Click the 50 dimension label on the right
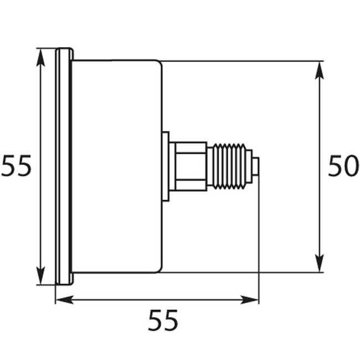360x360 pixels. tap(343, 166)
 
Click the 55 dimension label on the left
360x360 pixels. tap(16, 166)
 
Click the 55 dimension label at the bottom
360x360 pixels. tap(163, 320)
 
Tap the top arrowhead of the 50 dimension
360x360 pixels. tap(319, 70)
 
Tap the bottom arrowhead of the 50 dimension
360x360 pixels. tap(319, 263)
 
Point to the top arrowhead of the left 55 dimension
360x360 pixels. tap(40, 58)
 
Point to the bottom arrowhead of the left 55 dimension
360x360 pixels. tap(40, 275)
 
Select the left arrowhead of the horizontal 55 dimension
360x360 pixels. tap(65, 300)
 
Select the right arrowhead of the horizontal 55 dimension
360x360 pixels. tap(250, 300)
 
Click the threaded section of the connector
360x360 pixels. tap(229, 167)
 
